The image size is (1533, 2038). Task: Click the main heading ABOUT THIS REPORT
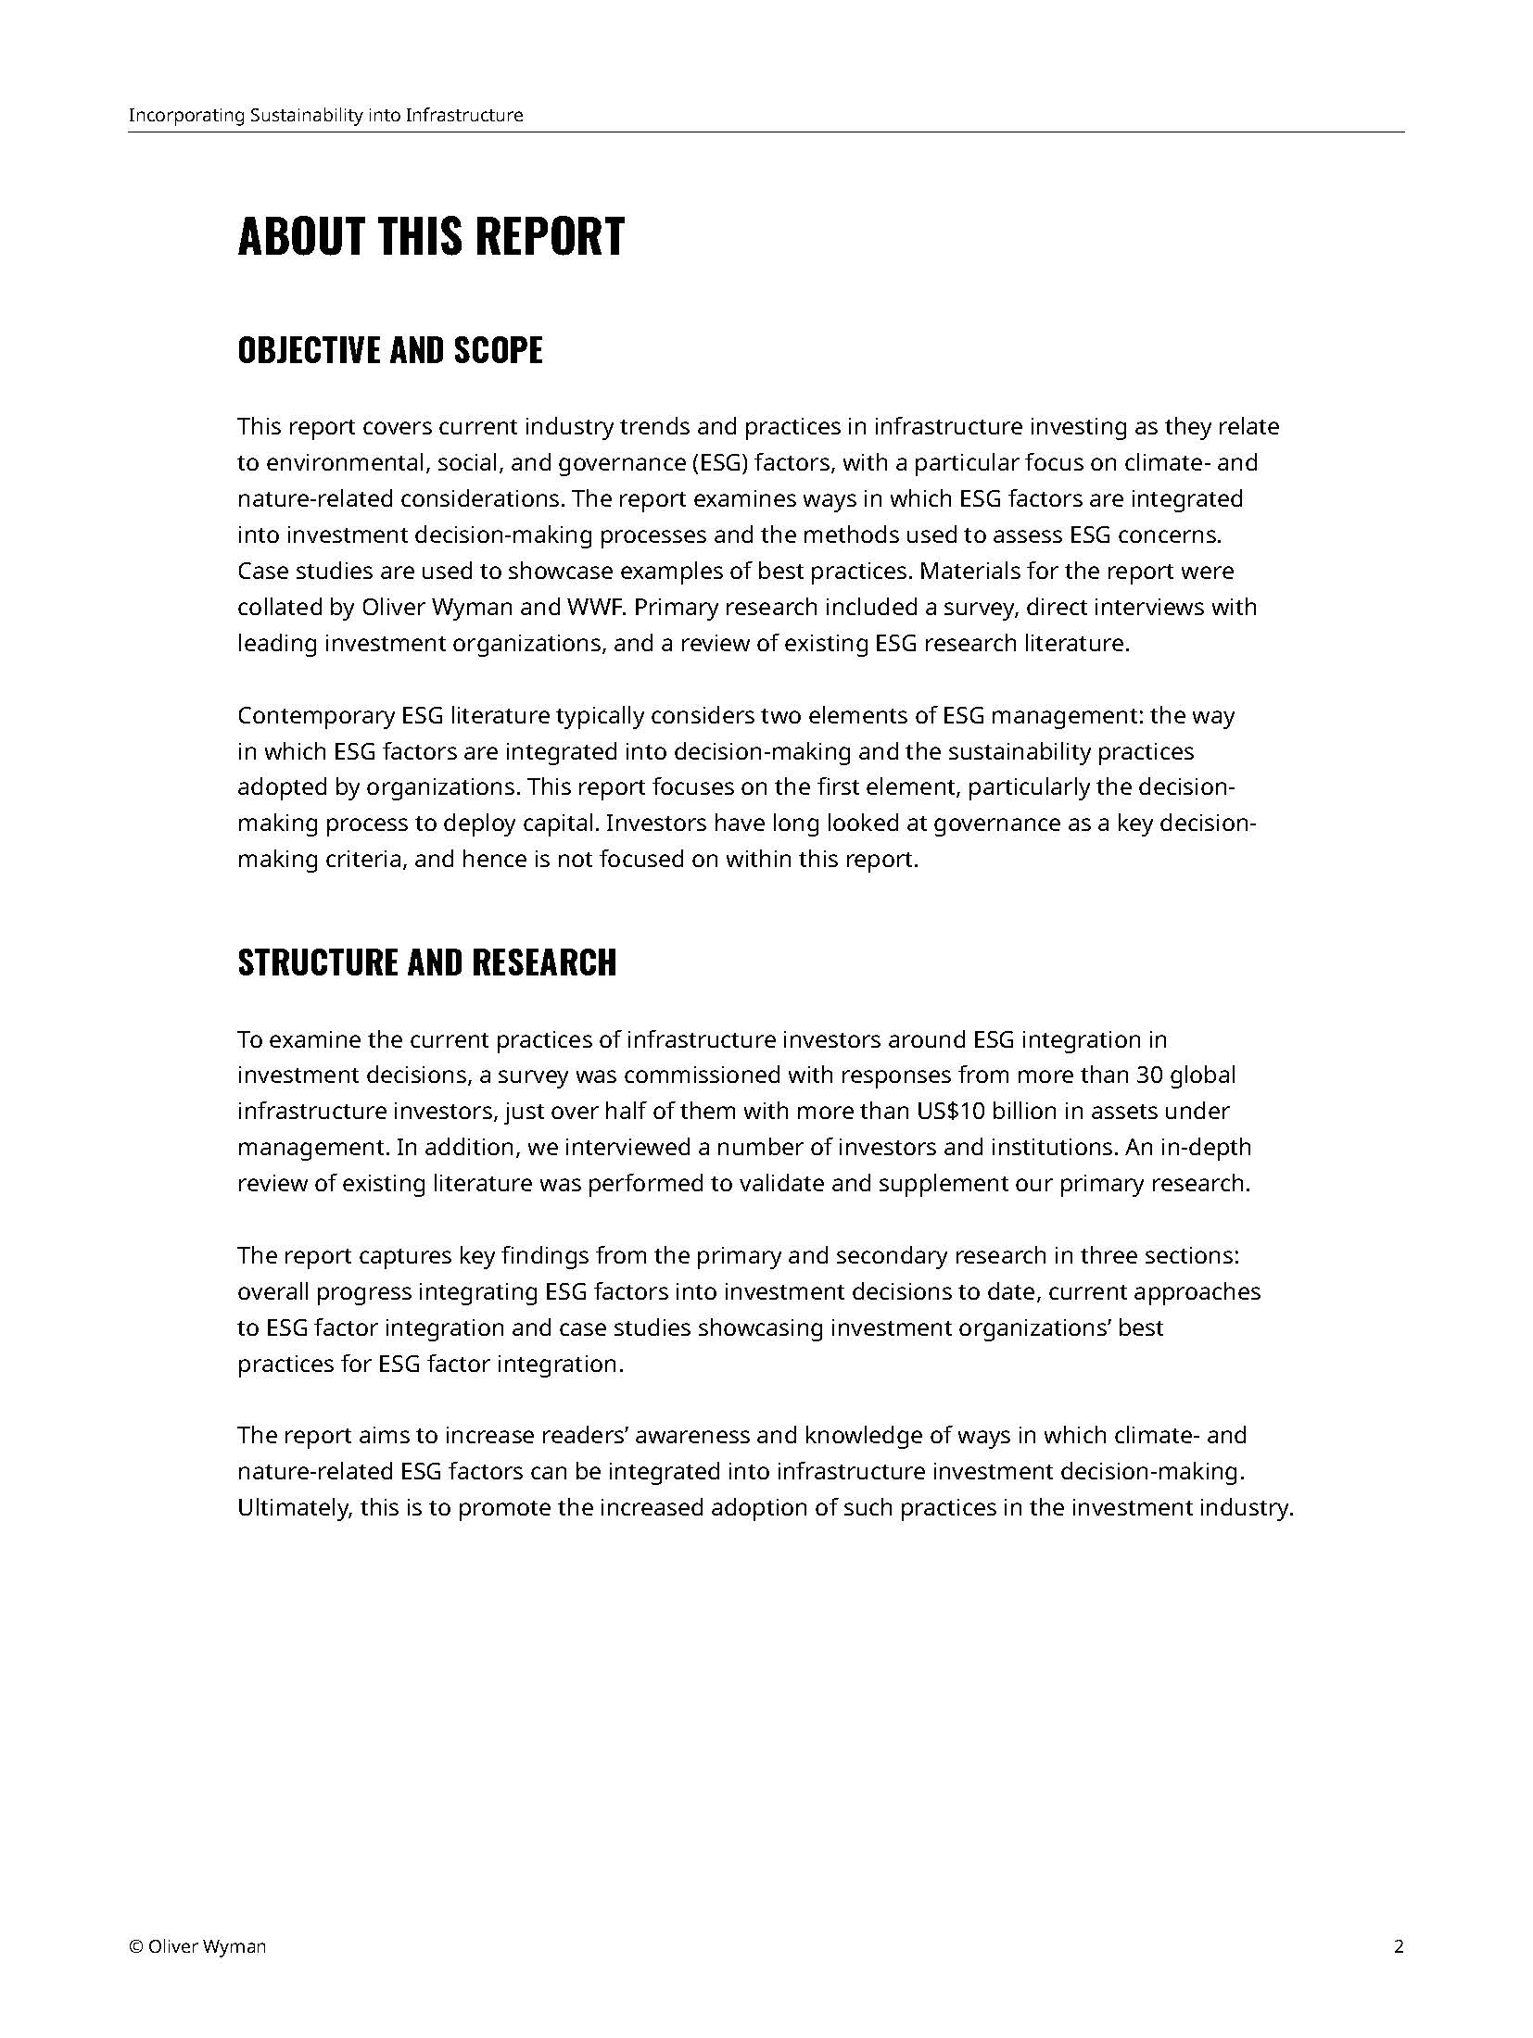tap(431, 236)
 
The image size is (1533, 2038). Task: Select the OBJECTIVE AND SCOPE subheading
tap(390, 350)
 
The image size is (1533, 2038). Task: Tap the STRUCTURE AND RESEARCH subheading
tap(426, 962)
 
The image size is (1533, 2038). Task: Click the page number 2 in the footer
tap(1399, 1945)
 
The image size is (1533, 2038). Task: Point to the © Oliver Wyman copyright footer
tap(197, 1945)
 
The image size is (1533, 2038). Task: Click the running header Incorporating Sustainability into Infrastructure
tap(325, 116)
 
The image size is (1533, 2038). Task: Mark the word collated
tap(269, 607)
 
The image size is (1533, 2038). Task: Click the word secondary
tap(886, 1255)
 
